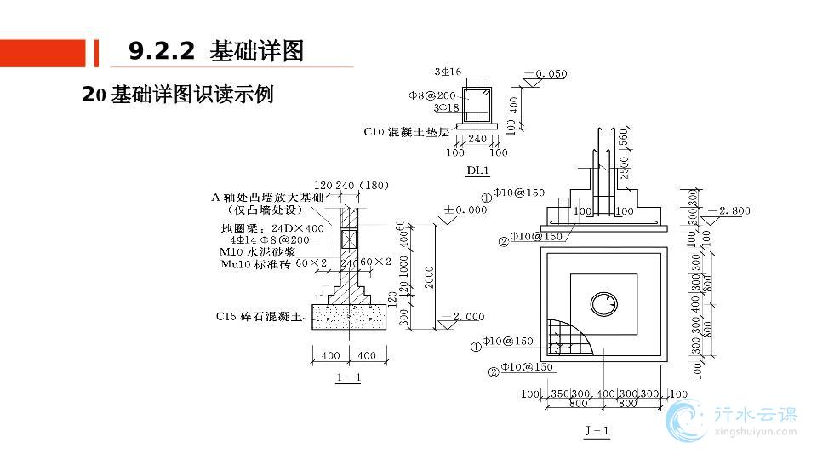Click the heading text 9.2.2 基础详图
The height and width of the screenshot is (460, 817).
coord(216,51)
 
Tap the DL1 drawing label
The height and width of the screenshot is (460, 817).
coord(477,170)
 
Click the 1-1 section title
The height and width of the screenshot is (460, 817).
coord(348,377)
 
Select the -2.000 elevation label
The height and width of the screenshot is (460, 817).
coord(465,316)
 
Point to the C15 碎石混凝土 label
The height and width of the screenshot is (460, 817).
coord(259,317)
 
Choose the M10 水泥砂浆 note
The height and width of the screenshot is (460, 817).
coord(259,252)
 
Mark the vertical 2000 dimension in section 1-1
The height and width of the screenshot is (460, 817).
coord(430,276)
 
